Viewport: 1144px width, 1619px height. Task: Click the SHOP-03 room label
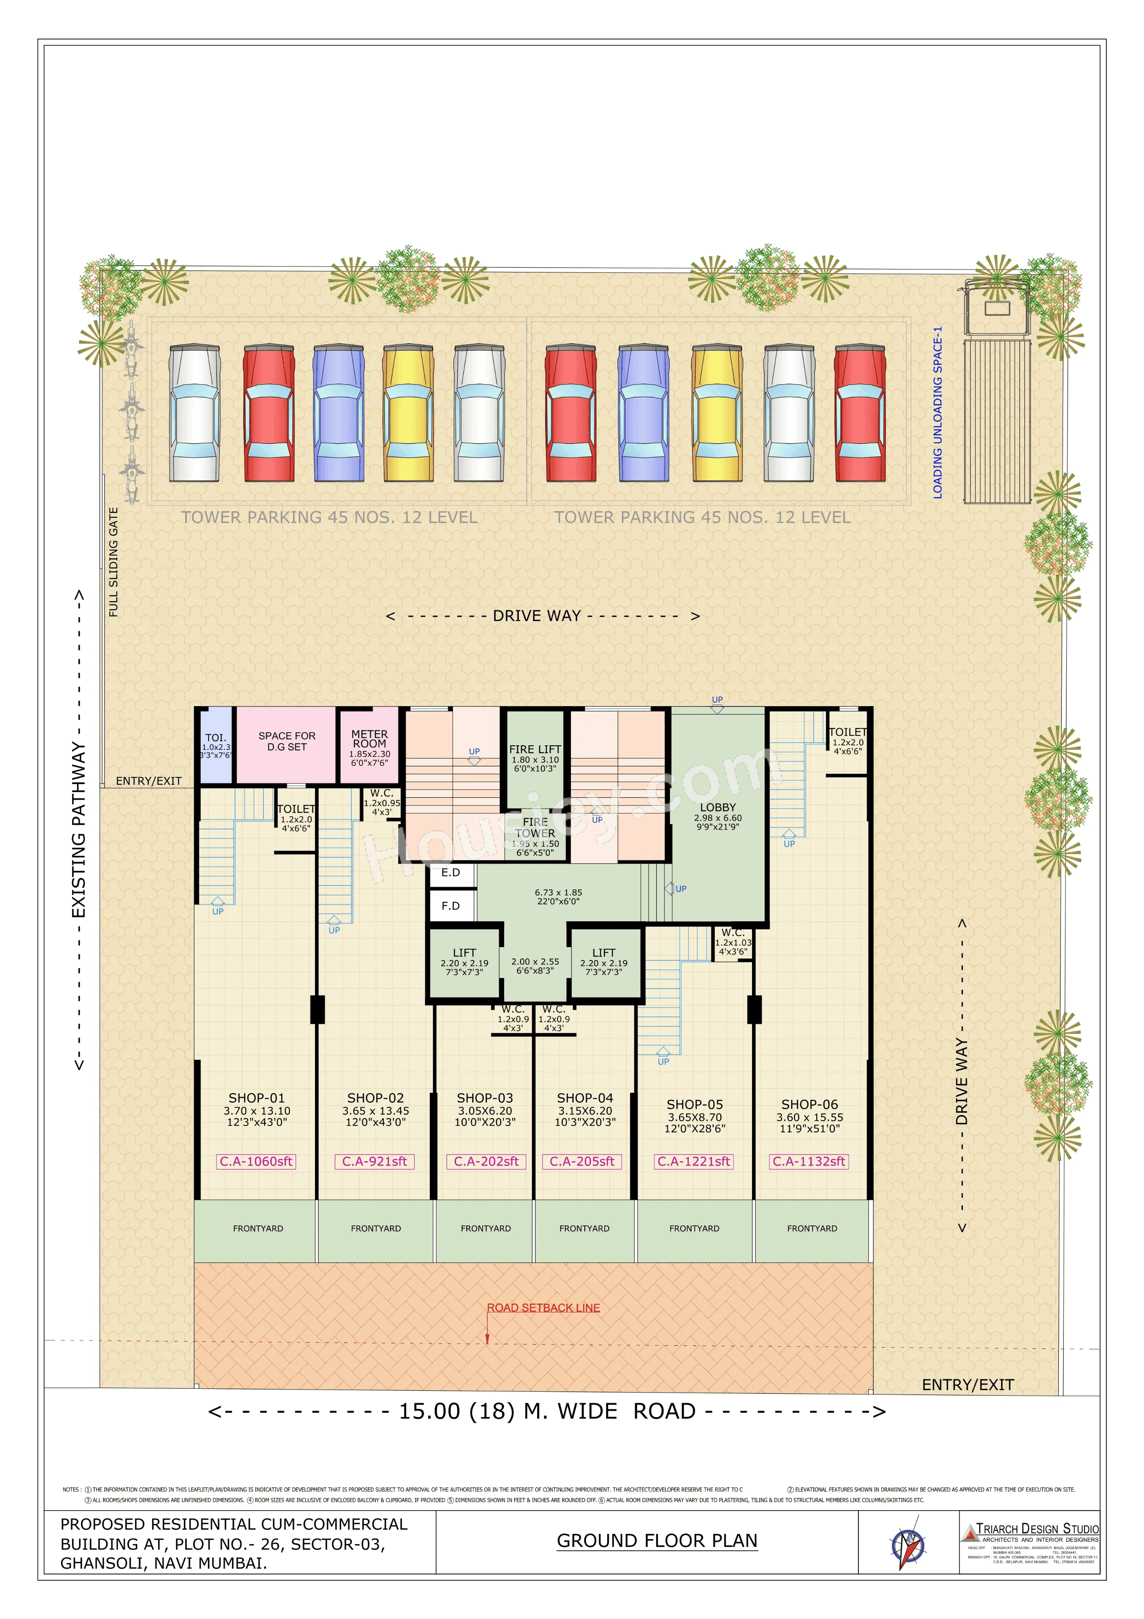(485, 1098)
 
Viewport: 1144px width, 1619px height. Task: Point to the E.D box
(451, 873)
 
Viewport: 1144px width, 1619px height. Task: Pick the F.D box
(451, 906)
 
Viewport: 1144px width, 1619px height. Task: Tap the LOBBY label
(718, 807)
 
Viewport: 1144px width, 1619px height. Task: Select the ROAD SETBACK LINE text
(543, 1307)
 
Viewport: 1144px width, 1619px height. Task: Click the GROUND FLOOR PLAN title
(656, 1541)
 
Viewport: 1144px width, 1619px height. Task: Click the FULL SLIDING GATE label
(113, 562)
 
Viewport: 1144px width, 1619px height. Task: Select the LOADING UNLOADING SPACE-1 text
(938, 412)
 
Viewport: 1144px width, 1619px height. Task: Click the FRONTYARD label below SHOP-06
(812, 1228)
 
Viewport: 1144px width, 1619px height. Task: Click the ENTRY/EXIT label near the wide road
(968, 1385)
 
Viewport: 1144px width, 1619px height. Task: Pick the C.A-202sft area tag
(486, 1161)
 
